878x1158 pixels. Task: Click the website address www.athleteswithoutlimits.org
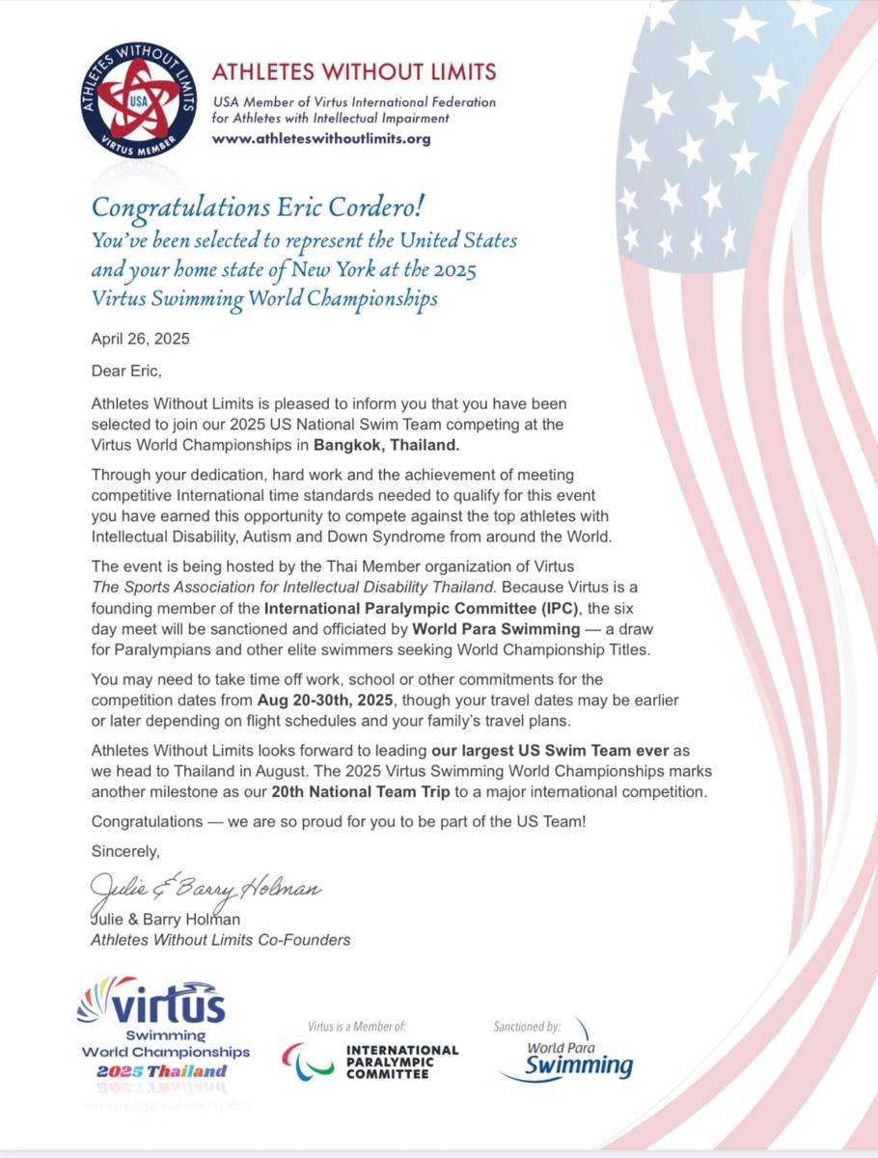[x=321, y=138]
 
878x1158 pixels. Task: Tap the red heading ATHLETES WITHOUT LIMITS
[x=354, y=71]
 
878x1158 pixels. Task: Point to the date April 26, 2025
[x=140, y=339]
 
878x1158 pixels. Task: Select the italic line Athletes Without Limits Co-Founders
[x=220, y=940]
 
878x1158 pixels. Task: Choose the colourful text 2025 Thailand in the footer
[x=161, y=1070]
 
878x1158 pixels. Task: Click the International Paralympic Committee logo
[x=370, y=1061]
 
